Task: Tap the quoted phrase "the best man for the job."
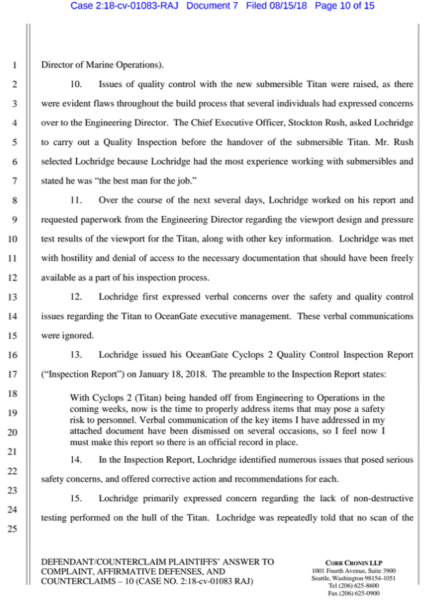[x=128, y=181]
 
